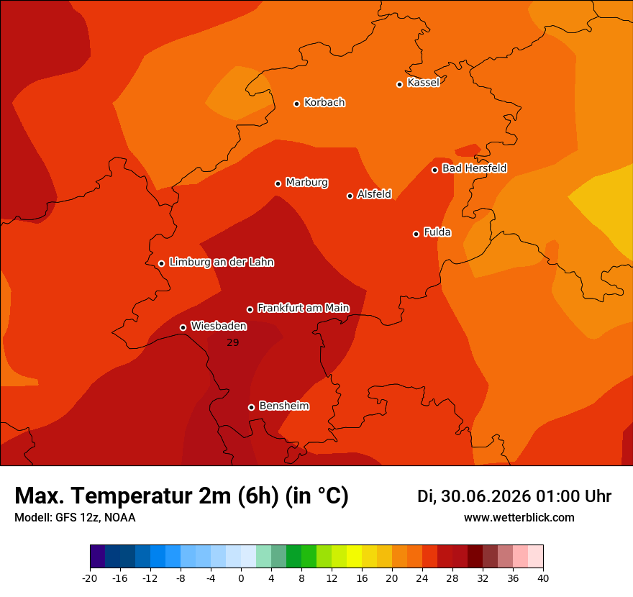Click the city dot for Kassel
[x=399, y=84]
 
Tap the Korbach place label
[x=324, y=103]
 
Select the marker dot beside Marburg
[x=278, y=183]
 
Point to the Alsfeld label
[x=374, y=194]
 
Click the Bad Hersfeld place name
[x=474, y=168]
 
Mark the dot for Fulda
[x=416, y=234]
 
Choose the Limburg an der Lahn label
[x=222, y=262]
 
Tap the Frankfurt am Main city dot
[x=250, y=309]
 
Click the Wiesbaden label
[x=219, y=326]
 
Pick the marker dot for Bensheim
[x=251, y=407]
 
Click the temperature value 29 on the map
[x=233, y=342]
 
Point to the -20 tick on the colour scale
[x=90, y=578]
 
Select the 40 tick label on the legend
[x=543, y=578]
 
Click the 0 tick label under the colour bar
[x=241, y=578]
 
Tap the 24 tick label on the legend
[x=422, y=578]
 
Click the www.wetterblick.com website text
[x=519, y=517]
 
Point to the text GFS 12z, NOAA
[x=95, y=517]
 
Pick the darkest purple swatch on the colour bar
[x=98, y=556]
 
